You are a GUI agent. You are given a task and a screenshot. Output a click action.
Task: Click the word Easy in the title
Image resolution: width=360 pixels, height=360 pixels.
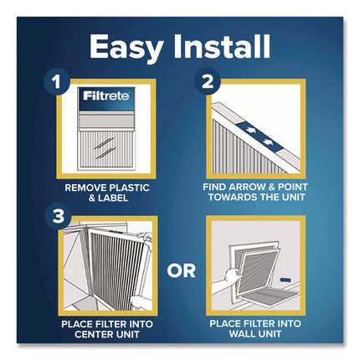(126, 47)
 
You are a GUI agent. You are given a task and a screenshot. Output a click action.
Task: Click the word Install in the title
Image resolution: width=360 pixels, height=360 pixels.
(224, 47)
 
